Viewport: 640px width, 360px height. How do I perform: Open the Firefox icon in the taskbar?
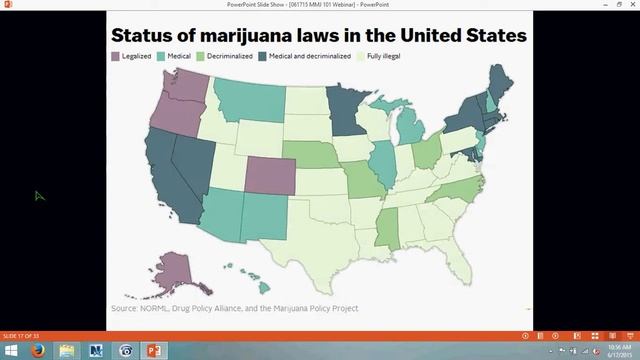click(x=39, y=351)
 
